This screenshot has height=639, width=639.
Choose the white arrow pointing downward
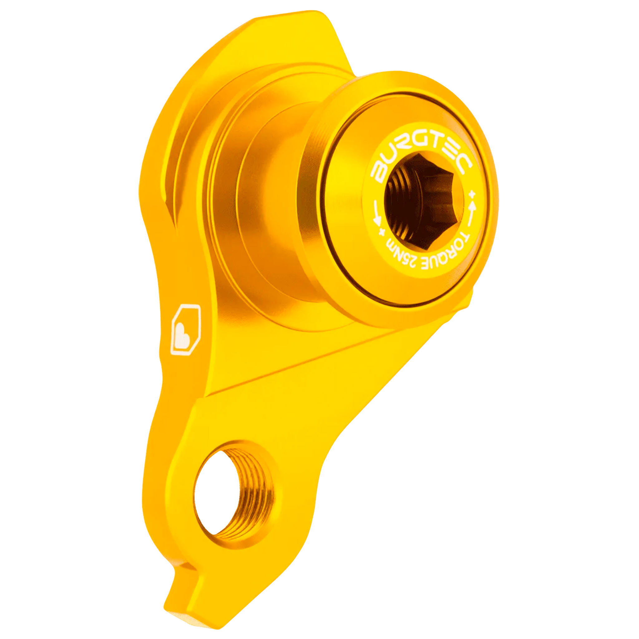point(377,214)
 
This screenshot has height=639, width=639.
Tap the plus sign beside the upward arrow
point(474,193)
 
